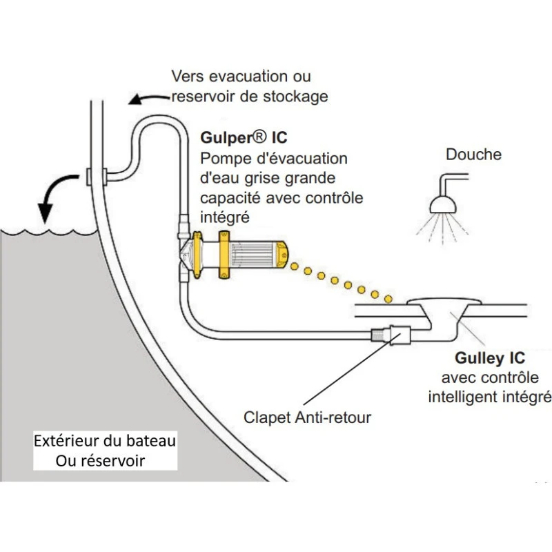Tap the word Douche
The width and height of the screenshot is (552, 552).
pos(473,154)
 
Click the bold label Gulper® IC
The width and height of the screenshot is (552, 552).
pos(244,137)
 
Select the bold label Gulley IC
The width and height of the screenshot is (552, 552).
pos(490,358)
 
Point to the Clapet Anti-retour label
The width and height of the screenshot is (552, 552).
pos(307,417)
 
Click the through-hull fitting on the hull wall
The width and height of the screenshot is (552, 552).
pos(94,177)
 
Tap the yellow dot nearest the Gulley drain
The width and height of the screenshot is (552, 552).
pos(387,299)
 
